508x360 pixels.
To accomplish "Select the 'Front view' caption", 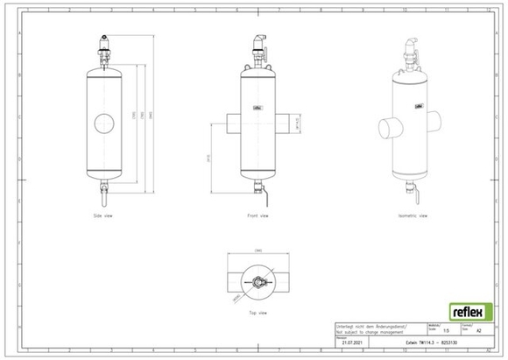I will click(x=258, y=215).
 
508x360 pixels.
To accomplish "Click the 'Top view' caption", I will click(x=258, y=312).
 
